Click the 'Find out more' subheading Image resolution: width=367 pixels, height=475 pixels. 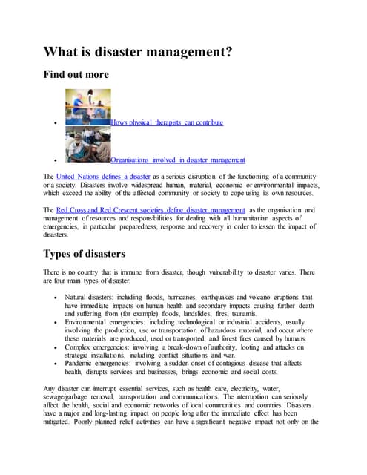pos(76,74)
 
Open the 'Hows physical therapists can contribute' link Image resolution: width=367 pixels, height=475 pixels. pos(167,122)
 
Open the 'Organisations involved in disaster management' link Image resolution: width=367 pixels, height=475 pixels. pos(178,160)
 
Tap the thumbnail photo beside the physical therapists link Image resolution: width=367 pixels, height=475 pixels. pos(87,107)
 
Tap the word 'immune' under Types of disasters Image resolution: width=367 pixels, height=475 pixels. pos(141,272)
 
